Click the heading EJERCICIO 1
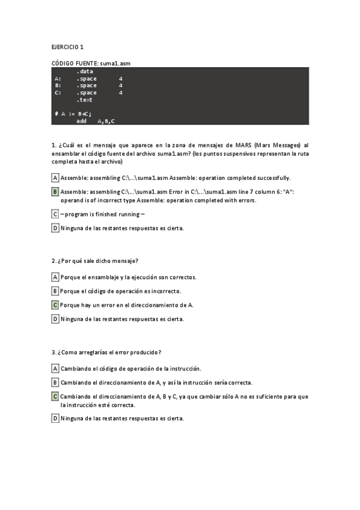tap(67, 46)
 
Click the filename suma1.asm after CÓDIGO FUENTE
tap(117, 63)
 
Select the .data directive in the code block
tap(85, 72)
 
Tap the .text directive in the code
tap(85, 100)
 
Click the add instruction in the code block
tap(82, 121)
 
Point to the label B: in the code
tap(58, 85)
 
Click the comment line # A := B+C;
tap(73, 114)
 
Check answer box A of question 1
tap(55, 178)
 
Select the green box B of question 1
tap(55, 192)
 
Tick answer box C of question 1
tap(55, 214)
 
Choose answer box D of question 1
tap(55, 228)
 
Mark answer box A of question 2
tap(55, 277)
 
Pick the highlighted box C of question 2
tap(55, 305)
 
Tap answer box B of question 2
tap(55, 291)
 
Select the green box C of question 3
tap(55, 396)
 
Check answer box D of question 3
tap(55, 419)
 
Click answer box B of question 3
tap(55, 382)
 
